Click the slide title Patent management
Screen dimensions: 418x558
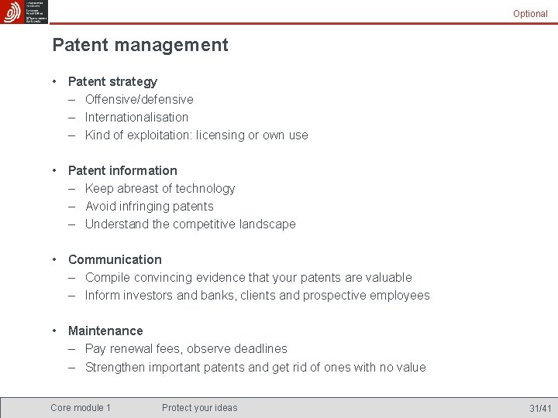point(140,45)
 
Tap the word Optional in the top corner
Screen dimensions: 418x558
point(530,14)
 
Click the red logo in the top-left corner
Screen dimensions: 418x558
point(12,12)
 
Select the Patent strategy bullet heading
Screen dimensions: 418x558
point(112,81)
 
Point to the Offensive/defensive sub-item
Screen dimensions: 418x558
point(139,99)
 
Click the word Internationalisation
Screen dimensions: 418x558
point(136,117)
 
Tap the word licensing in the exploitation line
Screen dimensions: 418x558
point(220,135)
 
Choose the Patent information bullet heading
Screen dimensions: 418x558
point(122,170)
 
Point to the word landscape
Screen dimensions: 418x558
point(268,224)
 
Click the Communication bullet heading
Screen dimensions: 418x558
point(115,259)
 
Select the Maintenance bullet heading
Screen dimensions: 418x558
point(105,331)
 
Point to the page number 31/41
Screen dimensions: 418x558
point(540,408)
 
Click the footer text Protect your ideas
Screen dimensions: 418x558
point(200,408)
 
